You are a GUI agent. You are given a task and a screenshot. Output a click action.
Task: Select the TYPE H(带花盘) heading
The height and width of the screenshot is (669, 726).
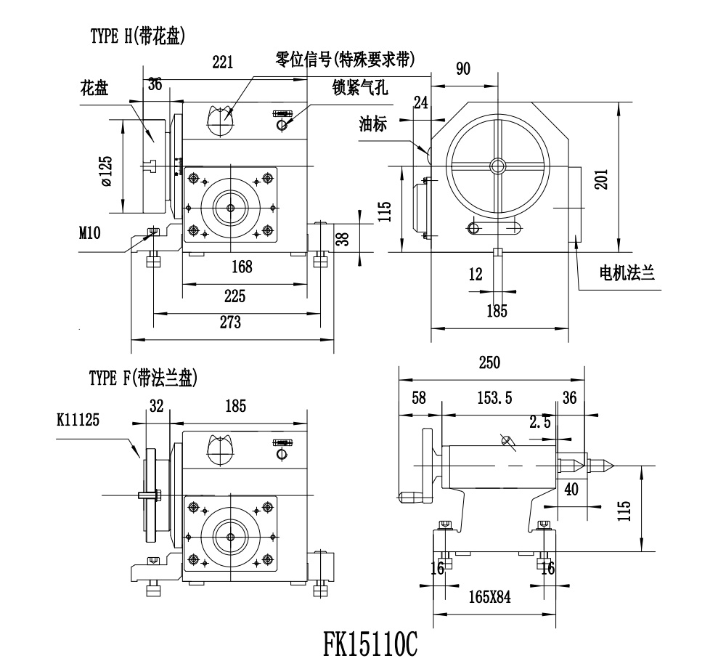pos(136,36)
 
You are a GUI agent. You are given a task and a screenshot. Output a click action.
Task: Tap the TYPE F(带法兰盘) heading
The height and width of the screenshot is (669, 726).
pos(143,378)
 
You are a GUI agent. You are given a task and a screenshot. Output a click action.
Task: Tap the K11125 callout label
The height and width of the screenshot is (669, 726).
pos(78,419)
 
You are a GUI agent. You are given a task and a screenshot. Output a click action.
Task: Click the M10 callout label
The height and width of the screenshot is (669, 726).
pos(91,232)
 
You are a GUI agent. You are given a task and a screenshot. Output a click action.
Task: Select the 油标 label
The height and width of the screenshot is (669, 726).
pos(372,124)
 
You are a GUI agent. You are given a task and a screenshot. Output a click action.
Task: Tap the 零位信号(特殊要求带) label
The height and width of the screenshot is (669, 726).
pos(350,58)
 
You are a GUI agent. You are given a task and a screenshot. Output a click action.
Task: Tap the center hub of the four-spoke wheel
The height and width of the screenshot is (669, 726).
pos(497,166)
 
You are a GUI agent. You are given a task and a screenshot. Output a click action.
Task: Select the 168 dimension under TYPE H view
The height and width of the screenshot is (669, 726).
pos(242,267)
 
